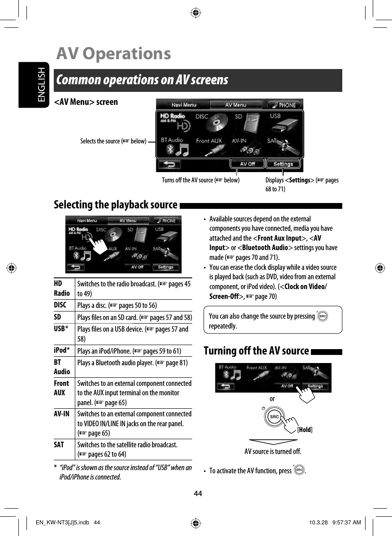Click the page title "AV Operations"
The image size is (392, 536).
coord(114,54)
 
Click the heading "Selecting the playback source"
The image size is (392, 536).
coord(116,205)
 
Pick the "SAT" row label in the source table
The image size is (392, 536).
coord(59,445)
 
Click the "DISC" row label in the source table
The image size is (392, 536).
coord(60,305)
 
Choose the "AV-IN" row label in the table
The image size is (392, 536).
coord(61,414)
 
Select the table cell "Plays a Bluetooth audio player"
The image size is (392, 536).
coord(133,362)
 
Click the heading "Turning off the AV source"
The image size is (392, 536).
coord(256,350)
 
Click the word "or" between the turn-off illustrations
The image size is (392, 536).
coord(272,398)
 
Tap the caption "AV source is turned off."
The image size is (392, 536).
coord(272,451)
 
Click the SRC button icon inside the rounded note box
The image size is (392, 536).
coord(322,316)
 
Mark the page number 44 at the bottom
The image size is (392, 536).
coord(198,493)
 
